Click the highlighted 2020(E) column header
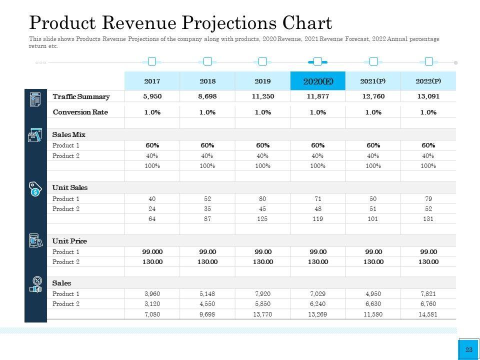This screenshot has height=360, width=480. (317, 81)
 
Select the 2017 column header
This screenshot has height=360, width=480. (152, 81)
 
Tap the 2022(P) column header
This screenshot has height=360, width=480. (428, 81)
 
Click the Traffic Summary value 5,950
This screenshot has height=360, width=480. (152, 96)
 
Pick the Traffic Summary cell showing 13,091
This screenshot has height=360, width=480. (428, 96)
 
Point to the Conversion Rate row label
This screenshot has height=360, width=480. (80, 112)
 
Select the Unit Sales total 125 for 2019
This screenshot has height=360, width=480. (262, 218)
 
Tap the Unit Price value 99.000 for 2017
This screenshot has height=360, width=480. (152, 251)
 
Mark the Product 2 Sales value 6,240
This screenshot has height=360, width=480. (317, 303)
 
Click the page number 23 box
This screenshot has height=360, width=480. (468, 350)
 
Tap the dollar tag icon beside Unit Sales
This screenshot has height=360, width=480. (35, 188)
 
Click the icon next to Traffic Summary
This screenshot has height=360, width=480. (35, 99)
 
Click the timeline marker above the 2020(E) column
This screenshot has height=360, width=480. (317, 61)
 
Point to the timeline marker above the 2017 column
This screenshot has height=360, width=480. (152, 61)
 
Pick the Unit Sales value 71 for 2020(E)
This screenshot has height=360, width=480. (317, 198)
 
